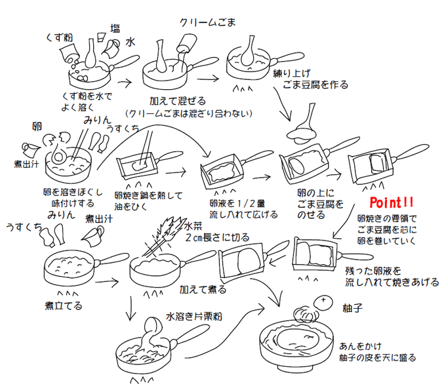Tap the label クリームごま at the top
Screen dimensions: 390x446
pos(208,22)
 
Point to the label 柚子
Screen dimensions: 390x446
pos(352,307)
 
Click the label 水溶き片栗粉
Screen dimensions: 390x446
pos(193,316)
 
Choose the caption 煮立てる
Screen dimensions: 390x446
pos(64,305)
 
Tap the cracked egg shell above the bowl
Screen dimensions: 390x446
pos(57,139)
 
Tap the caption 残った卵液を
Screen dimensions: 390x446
pos(373,269)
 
